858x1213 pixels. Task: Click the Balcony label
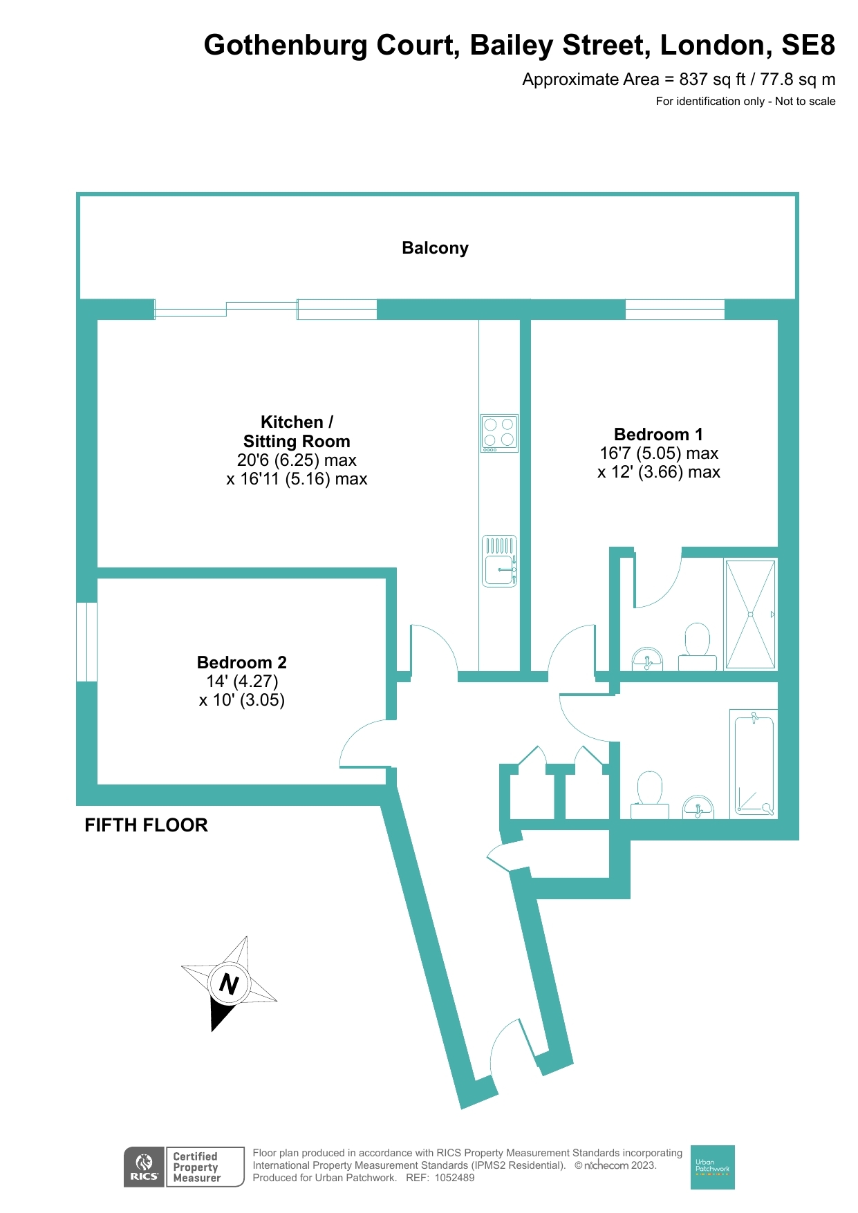click(x=435, y=248)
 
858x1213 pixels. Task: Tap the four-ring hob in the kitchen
click(x=498, y=433)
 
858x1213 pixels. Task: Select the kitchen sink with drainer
click(x=498, y=561)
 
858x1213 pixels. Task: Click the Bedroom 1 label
click(x=658, y=435)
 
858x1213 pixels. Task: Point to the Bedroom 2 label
click(x=241, y=663)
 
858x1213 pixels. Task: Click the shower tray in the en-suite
click(x=750, y=614)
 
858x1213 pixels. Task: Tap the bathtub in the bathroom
click(x=754, y=764)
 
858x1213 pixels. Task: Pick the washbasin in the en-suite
click(x=647, y=660)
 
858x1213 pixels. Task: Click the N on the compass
click(x=229, y=984)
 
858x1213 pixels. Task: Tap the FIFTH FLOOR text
click(x=146, y=825)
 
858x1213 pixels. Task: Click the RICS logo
click(x=144, y=1167)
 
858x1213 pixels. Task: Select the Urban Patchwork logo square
click(x=712, y=1167)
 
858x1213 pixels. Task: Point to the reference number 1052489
click(x=454, y=1178)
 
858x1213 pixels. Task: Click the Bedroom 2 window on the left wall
click(x=87, y=641)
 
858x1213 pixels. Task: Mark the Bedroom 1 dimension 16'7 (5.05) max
click(x=658, y=453)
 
